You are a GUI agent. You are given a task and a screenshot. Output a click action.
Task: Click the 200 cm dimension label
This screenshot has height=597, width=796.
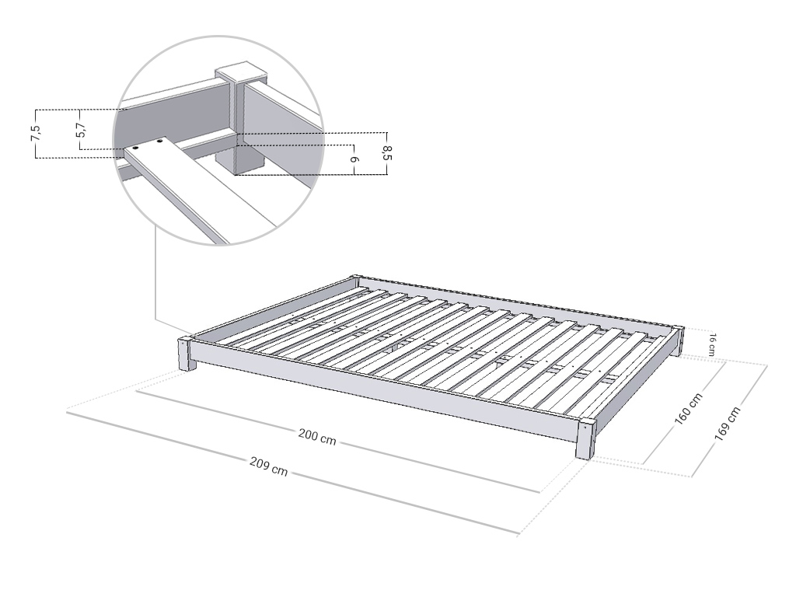[317, 437]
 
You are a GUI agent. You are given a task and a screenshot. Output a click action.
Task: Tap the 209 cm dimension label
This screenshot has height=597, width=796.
[268, 466]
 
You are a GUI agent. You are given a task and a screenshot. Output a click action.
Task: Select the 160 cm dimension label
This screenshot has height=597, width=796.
[689, 408]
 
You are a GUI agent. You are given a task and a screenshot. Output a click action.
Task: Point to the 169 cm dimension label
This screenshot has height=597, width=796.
[728, 423]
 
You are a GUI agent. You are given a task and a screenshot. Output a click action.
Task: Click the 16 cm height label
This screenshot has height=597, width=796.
[712, 344]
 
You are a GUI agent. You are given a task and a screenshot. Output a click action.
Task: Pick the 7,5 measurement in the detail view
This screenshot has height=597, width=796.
[36, 133]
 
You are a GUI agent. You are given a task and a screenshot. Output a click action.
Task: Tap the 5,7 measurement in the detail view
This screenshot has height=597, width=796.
[80, 130]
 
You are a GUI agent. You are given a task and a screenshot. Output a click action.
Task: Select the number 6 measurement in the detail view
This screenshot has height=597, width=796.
[355, 159]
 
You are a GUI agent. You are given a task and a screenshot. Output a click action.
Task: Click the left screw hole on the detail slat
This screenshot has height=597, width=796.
[136, 148]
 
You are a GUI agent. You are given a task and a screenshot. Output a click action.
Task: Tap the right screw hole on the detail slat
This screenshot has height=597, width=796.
[160, 141]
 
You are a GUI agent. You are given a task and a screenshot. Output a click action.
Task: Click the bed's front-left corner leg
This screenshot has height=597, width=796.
[187, 354]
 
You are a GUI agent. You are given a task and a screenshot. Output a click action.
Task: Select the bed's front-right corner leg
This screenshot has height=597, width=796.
[586, 438]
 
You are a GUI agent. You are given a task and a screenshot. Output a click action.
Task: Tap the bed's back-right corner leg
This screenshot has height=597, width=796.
[679, 341]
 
